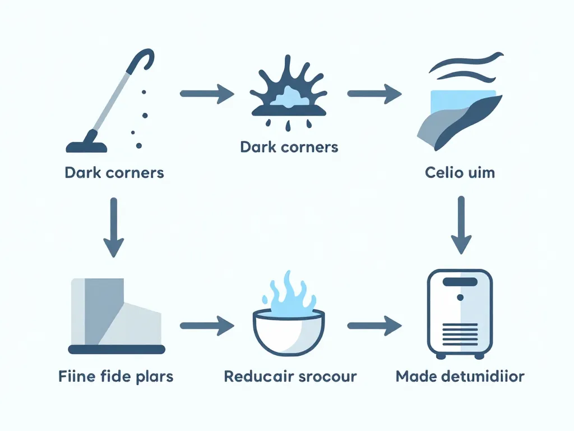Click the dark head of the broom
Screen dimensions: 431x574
[87, 147]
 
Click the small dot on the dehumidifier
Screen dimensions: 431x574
[460, 296]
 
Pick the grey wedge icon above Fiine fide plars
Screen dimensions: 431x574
[117, 314]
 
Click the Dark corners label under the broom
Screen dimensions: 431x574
[114, 172]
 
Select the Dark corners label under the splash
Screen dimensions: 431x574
[289, 147]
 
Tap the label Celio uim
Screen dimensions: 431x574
[460, 172]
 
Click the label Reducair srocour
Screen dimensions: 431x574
[290, 376]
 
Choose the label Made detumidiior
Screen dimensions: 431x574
[460, 376]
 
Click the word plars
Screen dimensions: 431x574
[153, 376]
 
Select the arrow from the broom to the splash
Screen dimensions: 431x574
[206, 94]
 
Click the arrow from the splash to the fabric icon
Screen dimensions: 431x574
[374, 94]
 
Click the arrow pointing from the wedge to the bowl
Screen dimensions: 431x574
[206, 325]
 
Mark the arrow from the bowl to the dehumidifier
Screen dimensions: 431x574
[374, 325]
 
